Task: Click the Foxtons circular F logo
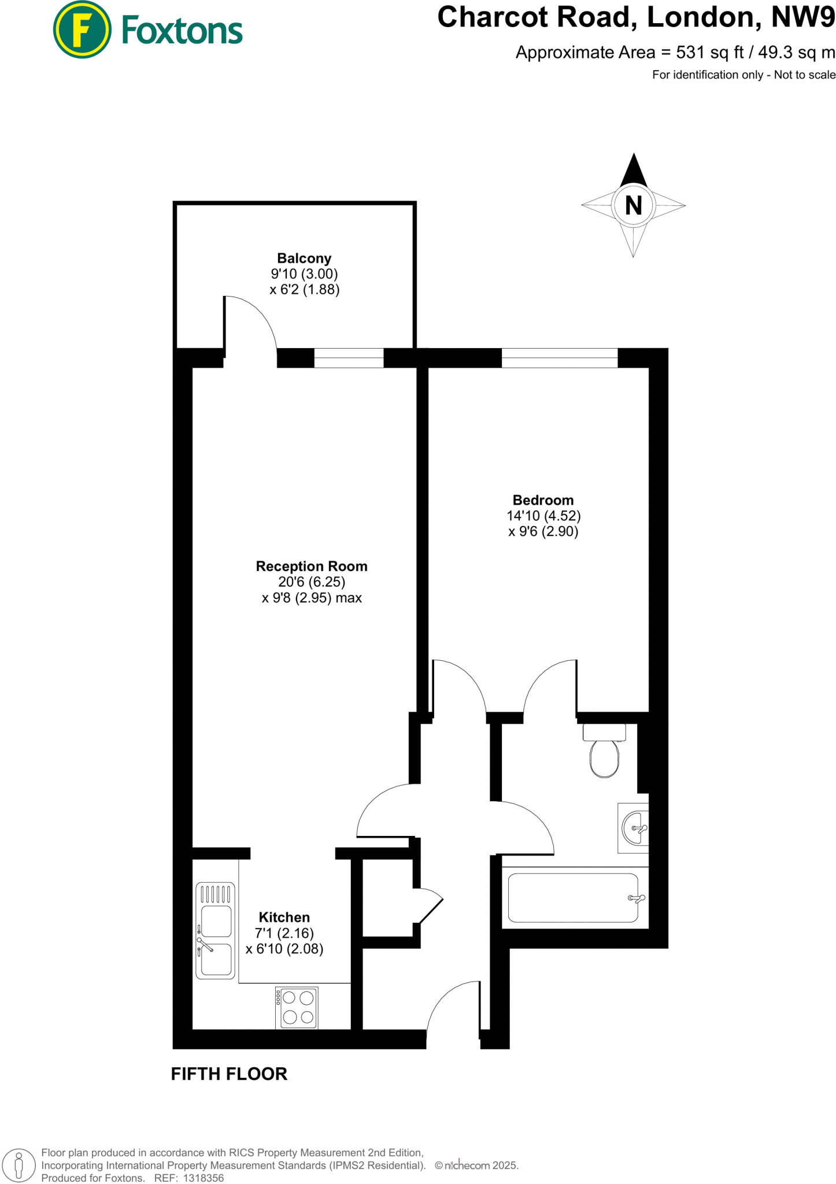82,29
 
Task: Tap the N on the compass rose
634,205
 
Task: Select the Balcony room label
304,258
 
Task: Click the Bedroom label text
543,500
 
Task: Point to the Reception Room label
312,567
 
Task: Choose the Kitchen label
284,917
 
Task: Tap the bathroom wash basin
634,828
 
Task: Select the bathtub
573,898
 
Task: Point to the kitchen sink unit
216,930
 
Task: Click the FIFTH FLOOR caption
229,1074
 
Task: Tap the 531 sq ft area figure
710,53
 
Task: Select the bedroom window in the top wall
559,358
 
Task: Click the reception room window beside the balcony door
349,358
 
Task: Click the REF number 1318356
203,1178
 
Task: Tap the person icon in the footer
19,1164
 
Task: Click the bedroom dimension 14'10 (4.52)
543,516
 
